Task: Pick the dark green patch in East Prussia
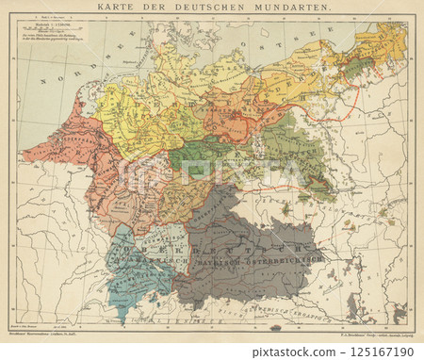point(355,68)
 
